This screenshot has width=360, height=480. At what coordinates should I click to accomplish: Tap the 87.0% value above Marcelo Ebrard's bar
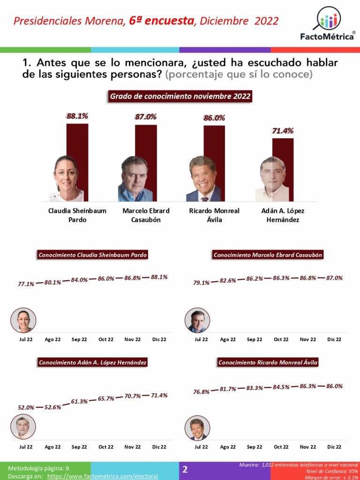pyautogui.click(x=146, y=117)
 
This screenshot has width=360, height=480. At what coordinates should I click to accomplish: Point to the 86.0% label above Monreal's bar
pyautogui.click(x=214, y=118)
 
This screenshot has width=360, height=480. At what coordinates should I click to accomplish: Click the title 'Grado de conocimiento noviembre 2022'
pyautogui.click(x=180, y=97)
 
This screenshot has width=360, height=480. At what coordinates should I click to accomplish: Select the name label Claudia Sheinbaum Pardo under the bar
pyautogui.click(x=77, y=215)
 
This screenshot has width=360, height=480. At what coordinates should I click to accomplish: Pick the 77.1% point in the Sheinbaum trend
pyautogui.click(x=26, y=284)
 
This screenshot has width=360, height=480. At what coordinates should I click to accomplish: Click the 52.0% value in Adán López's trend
pyautogui.click(x=26, y=407)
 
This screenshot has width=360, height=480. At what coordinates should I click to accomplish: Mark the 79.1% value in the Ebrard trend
pyautogui.click(x=202, y=283)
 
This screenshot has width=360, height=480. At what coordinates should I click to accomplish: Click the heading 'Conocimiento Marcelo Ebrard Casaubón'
pyautogui.click(x=268, y=255)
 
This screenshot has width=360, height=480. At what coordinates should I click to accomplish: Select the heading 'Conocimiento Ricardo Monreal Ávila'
pyautogui.click(x=268, y=362)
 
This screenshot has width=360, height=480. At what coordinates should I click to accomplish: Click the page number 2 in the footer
pyautogui.click(x=185, y=469)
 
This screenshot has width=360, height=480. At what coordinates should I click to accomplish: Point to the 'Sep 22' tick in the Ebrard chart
pyautogui.click(x=255, y=339)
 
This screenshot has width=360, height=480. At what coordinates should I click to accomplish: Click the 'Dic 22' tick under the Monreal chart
pyautogui.click(x=334, y=447)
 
